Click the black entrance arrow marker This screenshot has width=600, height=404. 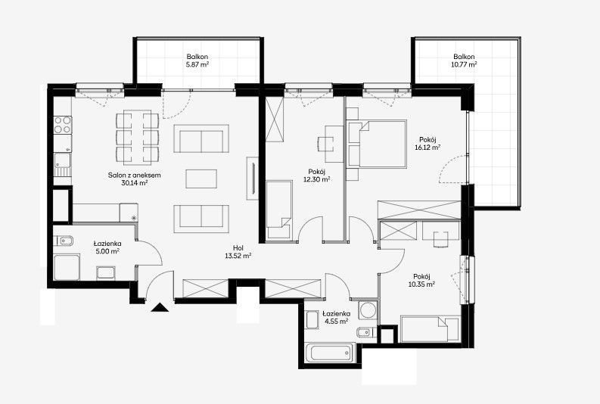tap(160, 307)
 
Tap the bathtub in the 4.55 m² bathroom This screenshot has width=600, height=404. tap(331, 353)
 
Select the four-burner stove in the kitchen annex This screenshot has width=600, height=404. tap(62, 124)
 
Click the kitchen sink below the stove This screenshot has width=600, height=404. tap(62, 164)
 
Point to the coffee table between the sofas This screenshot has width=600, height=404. tap(201, 179)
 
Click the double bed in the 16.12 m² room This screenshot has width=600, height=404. tap(378, 144)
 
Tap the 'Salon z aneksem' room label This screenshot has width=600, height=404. tap(135, 176)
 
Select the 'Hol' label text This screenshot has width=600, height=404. tap(238, 248)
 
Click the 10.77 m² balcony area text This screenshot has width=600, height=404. tap(464, 64)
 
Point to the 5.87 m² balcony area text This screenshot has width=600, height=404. tap(197, 64)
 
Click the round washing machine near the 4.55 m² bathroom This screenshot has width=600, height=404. tap(368, 310)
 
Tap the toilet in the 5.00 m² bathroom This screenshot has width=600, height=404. tap(65, 241)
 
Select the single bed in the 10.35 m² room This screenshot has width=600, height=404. tap(429, 328)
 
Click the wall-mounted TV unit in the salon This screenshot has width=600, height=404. tap(253, 179)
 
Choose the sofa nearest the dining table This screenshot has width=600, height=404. tap(201, 138)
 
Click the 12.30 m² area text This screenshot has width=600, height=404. tap(317, 179)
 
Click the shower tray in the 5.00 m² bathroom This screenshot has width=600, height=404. tap(67, 267)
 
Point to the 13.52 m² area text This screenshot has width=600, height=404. tap(238, 256)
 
